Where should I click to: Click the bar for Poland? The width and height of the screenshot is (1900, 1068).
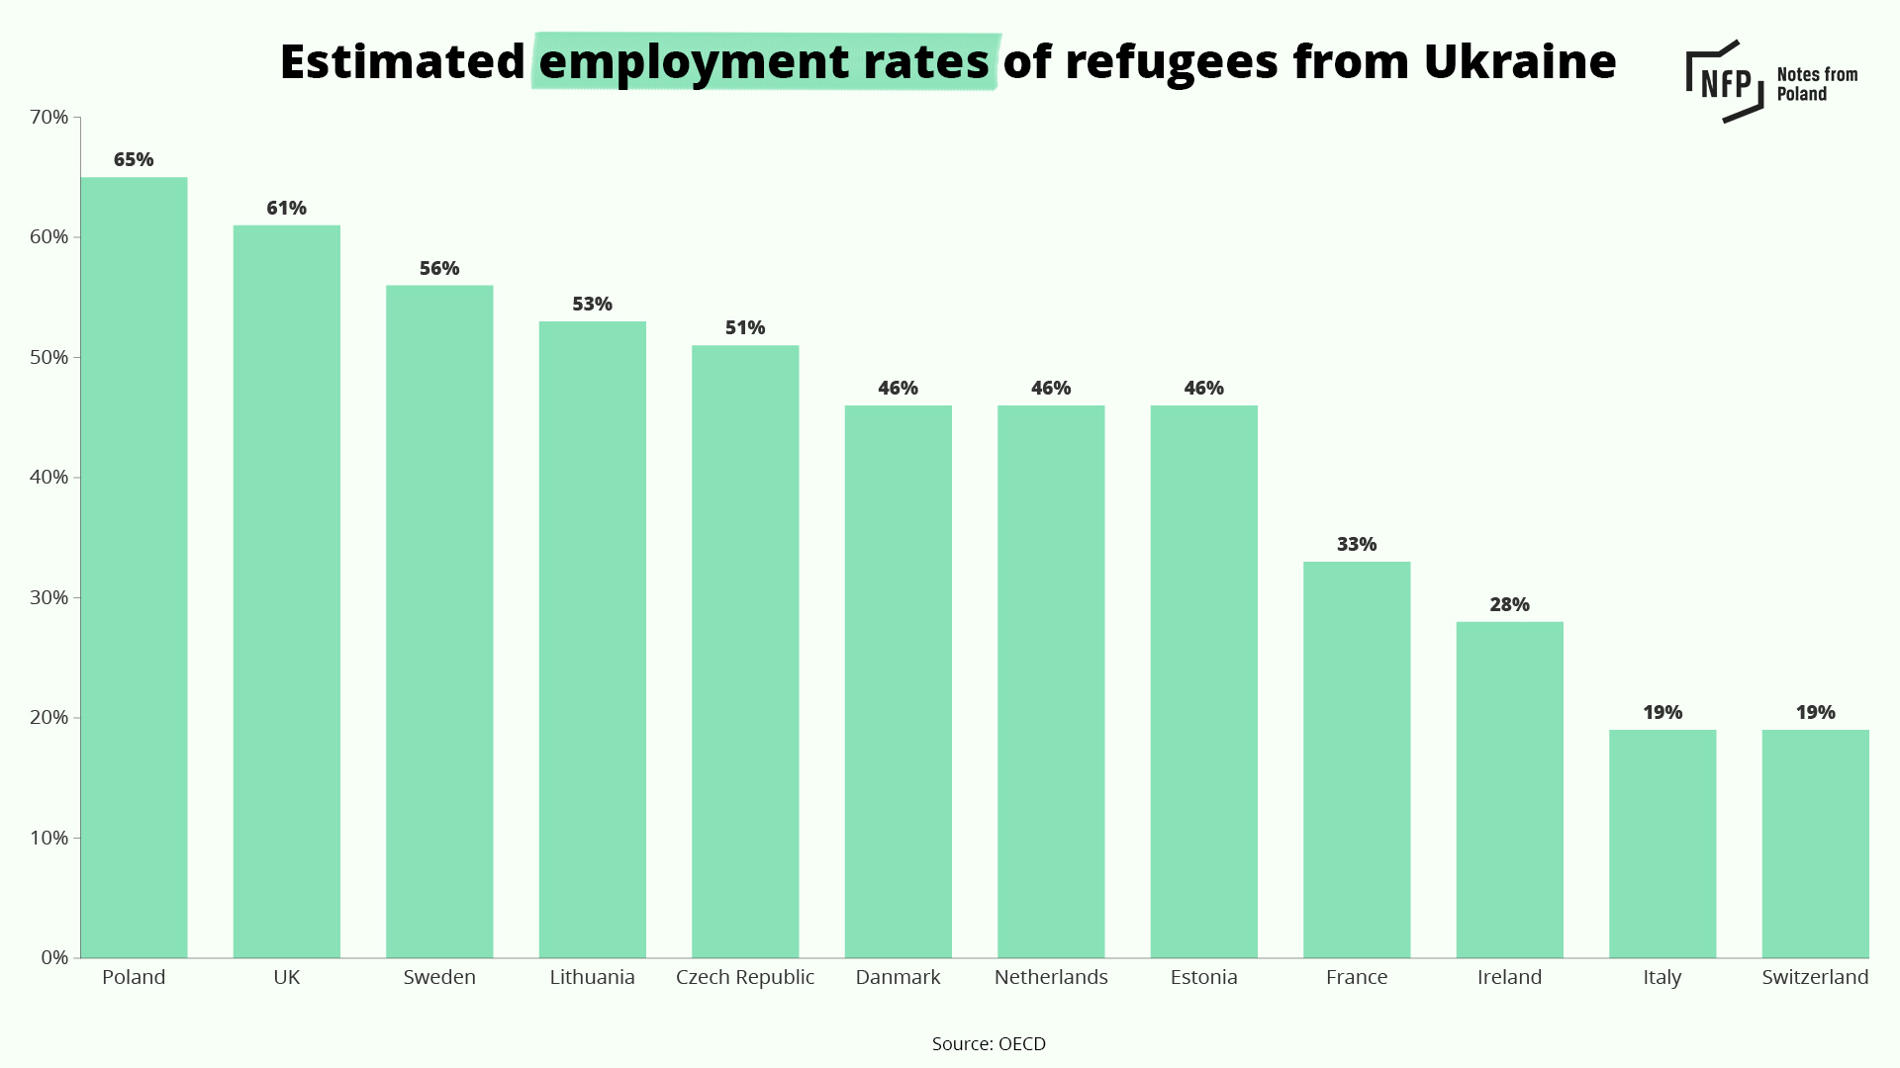(134, 568)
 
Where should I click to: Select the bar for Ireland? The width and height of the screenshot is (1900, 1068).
(1509, 789)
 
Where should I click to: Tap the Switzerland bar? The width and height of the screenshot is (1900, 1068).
(1815, 844)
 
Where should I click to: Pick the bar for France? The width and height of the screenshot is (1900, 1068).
(1357, 759)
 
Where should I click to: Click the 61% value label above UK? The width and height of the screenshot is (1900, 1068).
(286, 208)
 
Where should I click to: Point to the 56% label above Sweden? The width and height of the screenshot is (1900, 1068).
(439, 268)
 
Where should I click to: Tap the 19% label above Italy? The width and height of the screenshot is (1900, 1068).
(1662, 712)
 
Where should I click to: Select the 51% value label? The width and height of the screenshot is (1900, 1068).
(745, 327)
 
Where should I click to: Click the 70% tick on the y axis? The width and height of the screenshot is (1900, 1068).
(49, 117)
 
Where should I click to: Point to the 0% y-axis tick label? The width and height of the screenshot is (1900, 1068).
(54, 957)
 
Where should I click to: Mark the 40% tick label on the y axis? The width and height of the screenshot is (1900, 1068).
(49, 477)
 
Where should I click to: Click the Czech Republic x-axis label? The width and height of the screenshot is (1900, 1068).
(745, 978)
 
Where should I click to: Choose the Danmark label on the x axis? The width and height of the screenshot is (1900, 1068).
(898, 977)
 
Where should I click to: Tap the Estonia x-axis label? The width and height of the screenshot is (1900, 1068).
(1203, 977)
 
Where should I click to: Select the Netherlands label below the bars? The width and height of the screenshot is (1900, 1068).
(1051, 977)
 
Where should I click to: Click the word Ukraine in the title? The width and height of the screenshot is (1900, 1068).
(1520, 61)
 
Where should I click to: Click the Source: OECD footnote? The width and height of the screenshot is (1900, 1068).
(989, 1043)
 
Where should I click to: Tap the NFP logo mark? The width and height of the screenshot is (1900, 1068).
(1725, 81)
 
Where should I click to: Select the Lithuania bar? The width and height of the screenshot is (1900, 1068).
(592, 640)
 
